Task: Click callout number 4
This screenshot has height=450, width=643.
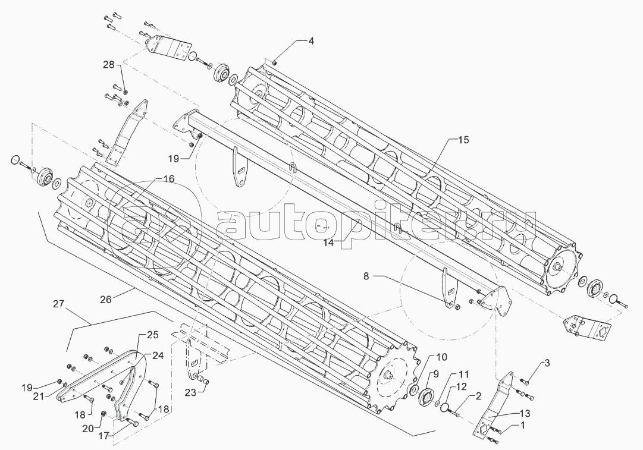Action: click(310, 41)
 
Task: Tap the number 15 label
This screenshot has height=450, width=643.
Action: click(463, 140)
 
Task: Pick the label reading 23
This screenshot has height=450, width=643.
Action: click(189, 392)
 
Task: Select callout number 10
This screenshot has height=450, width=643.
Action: click(441, 358)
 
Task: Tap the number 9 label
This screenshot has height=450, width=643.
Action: click(435, 374)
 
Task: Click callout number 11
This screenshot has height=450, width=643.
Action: click(463, 375)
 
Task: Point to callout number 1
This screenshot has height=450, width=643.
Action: click(522, 425)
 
